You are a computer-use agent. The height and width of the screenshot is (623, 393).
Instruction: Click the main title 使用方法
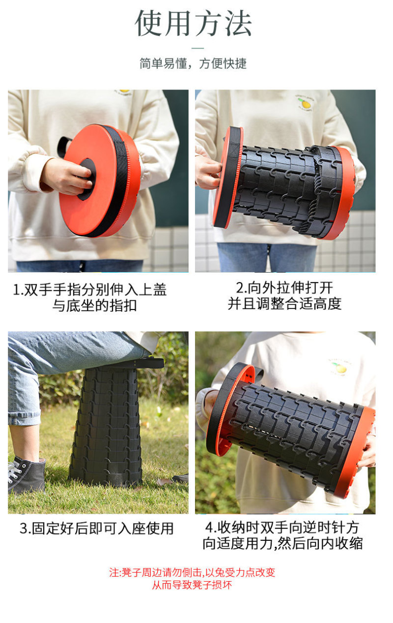pos(193,23)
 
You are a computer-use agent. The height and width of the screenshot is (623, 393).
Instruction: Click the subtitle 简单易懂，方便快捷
pos(193,63)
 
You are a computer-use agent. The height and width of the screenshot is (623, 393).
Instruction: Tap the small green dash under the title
pos(198,48)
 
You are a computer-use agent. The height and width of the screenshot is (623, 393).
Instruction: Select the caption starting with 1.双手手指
pos(90,297)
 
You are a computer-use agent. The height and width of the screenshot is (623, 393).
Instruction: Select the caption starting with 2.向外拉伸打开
pos(284,295)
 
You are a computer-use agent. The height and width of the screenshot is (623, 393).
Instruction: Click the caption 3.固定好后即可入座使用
pos(97,529)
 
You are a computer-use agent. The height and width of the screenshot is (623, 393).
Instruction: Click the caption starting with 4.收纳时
pos(283,535)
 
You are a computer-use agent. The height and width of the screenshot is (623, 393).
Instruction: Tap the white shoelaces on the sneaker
pos(14,470)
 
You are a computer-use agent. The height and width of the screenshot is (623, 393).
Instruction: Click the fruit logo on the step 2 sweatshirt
pos(305,103)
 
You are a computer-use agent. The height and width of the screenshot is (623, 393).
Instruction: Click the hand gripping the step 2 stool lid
pos(208,172)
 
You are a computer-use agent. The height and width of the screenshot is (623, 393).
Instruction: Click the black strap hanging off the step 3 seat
pos(148,364)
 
